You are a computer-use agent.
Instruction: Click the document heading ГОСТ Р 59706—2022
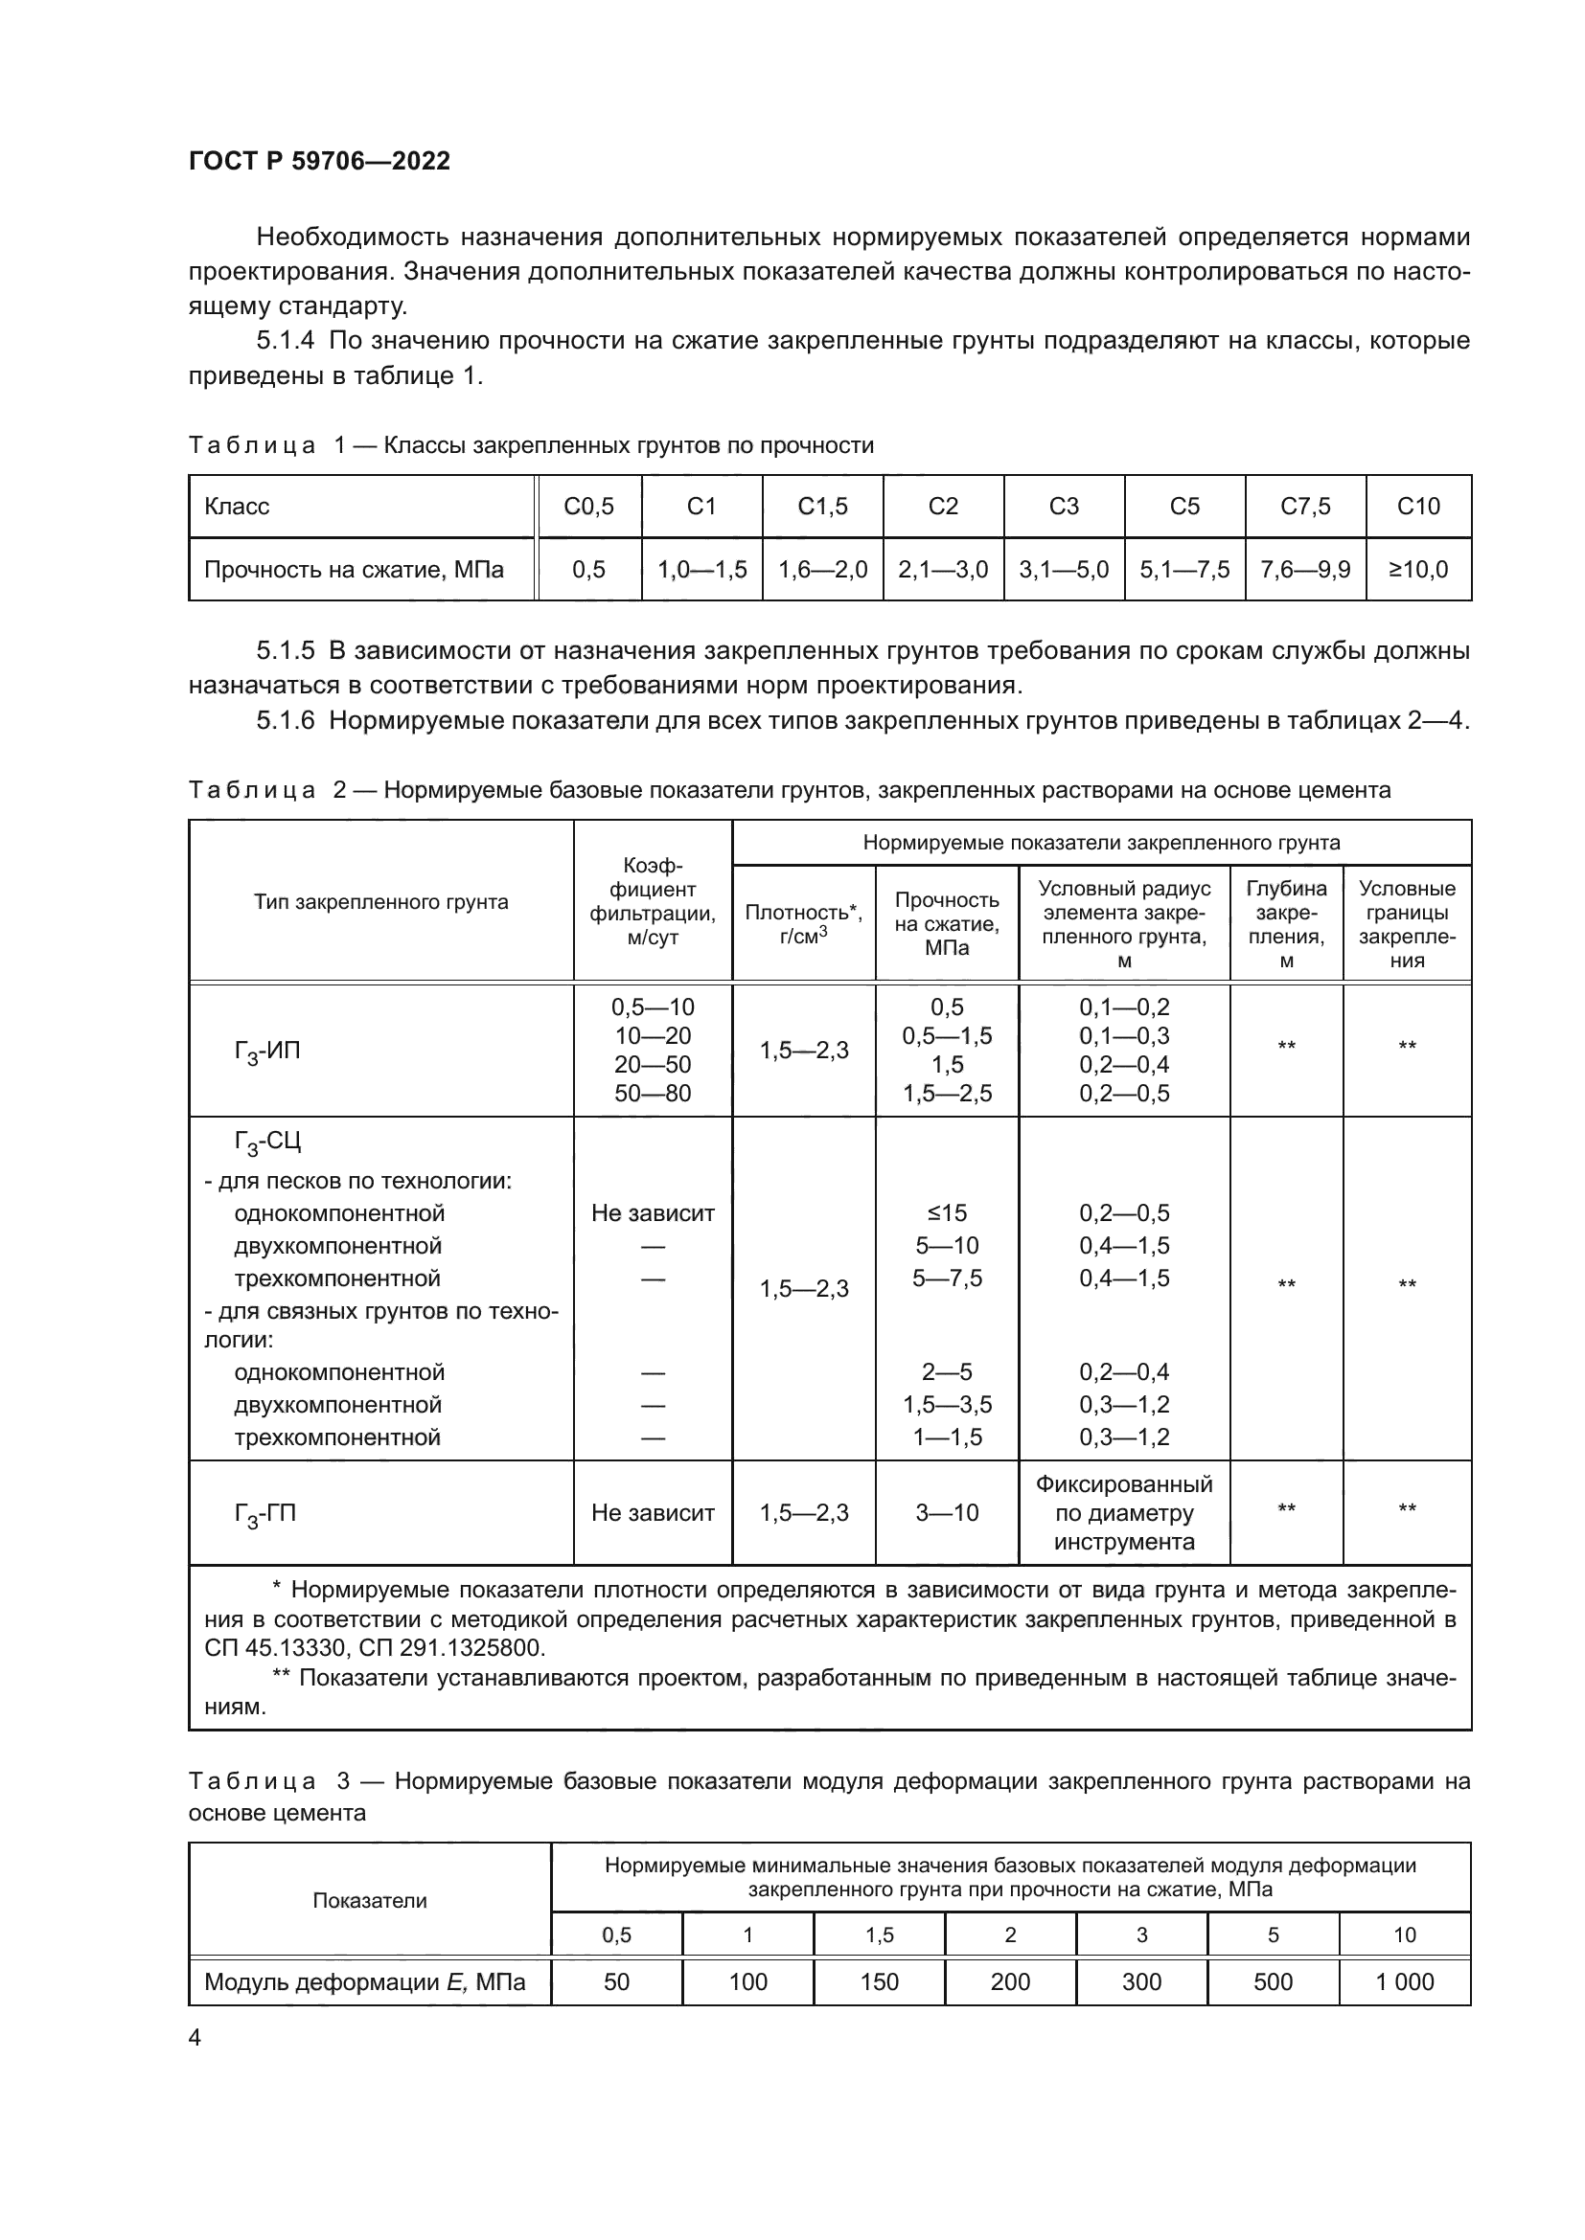(319, 161)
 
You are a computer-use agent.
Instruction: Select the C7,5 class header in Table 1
(1305, 507)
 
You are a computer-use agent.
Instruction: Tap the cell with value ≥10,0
(1418, 570)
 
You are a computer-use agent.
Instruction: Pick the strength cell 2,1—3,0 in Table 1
(943, 570)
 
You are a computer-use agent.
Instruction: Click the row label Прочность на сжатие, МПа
(354, 570)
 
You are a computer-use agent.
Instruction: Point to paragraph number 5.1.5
(285, 650)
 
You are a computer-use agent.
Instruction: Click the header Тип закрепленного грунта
(380, 901)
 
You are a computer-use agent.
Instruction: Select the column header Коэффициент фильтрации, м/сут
(652, 901)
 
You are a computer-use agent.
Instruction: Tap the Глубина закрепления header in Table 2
(1286, 924)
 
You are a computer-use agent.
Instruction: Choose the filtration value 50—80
(652, 1094)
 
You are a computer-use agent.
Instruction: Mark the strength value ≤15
(947, 1212)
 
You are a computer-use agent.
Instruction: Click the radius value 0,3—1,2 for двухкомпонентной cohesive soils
(1124, 1405)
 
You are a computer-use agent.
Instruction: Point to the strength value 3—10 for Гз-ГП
(947, 1513)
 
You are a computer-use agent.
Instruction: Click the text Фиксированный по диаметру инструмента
(1124, 1513)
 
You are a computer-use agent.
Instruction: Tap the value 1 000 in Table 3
(1405, 1981)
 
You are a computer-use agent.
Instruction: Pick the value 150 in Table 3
(879, 1981)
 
